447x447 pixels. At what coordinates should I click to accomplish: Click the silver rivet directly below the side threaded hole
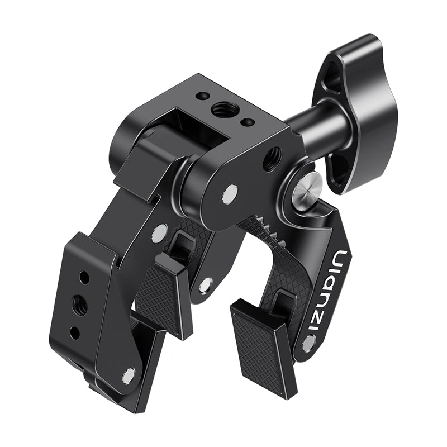tap(229, 194)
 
